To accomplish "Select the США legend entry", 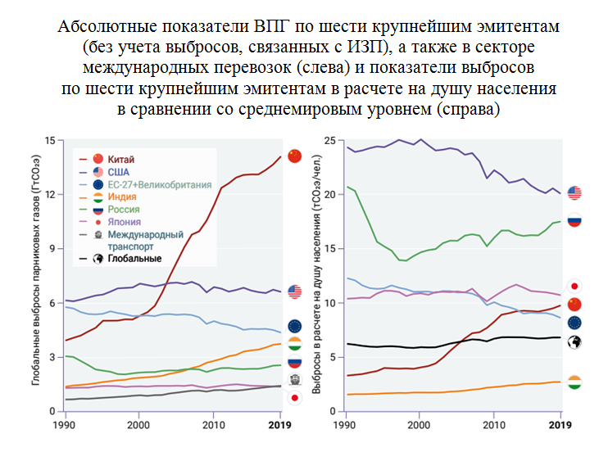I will click(119, 172).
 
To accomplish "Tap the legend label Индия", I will click(122, 197).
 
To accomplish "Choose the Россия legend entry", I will click(124, 210).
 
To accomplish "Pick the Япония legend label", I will click(124, 222).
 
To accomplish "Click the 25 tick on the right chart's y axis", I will click(329, 141).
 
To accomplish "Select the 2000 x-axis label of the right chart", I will click(419, 426).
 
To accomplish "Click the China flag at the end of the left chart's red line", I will click(295, 156).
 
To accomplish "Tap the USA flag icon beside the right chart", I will click(574, 193).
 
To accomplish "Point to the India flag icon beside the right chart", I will click(574, 382).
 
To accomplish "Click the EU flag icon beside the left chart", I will click(295, 327).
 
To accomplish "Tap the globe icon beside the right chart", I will click(574, 341).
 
